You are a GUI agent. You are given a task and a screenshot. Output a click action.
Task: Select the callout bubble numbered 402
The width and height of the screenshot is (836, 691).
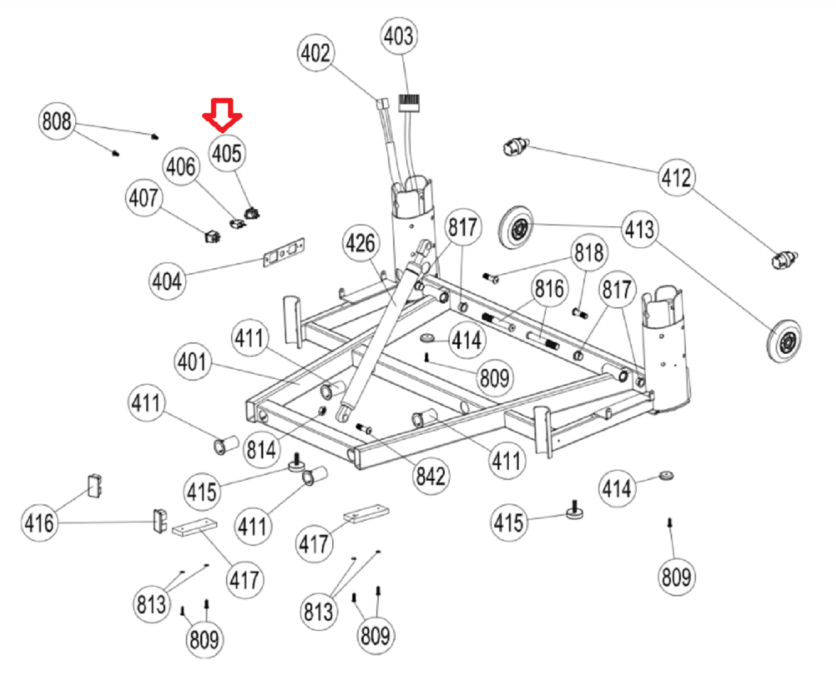pyautogui.click(x=315, y=53)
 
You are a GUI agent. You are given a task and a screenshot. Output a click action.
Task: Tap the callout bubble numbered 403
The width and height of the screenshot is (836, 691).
pyautogui.click(x=399, y=36)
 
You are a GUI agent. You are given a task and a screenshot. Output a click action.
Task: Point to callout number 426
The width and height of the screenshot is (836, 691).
pyautogui.click(x=361, y=243)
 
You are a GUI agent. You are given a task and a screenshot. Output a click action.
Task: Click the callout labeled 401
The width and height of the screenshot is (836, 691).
pyautogui.click(x=192, y=362)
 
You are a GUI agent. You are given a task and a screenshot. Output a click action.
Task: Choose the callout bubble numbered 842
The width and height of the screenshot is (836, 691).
pyautogui.click(x=431, y=476)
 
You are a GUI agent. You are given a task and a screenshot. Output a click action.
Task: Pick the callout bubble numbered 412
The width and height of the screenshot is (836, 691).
pyautogui.click(x=676, y=178)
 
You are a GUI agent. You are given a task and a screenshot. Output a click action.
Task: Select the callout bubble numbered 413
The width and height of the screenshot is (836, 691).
pyautogui.click(x=639, y=229)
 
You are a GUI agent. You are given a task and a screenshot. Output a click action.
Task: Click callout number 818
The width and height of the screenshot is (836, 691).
pyautogui.click(x=589, y=253)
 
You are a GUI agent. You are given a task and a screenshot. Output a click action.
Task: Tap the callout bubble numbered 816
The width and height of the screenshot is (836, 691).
pyautogui.click(x=549, y=289)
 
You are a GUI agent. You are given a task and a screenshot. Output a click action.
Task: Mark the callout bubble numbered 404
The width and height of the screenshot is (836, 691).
pyautogui.click(x=167, y=281)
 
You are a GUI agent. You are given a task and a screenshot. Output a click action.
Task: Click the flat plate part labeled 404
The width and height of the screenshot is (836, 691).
pyautogui.click(x=283, y=253)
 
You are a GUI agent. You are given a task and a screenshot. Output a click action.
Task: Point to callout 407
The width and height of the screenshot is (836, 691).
pyautogui.click(x=144, y=199)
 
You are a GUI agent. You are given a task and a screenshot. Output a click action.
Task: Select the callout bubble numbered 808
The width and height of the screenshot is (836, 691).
pyautogui.click(x=57, y=121)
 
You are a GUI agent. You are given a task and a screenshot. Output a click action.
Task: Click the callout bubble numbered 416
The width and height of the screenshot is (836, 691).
pyautogui.click(x=39, y=522)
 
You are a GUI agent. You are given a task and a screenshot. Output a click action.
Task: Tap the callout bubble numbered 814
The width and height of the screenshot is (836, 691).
pyautogui.click(x=261, y=450)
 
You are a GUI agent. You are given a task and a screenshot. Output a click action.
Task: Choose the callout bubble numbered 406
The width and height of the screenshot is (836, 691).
pyautogui.click(x=181, y=166)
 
